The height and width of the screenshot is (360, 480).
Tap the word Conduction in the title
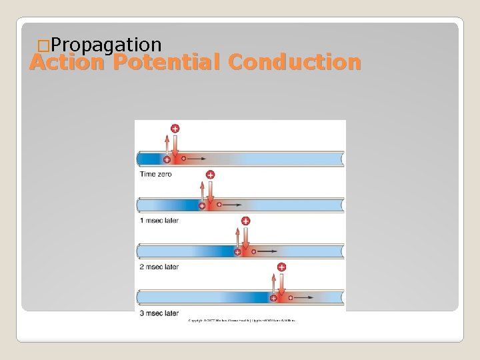coord(294,63)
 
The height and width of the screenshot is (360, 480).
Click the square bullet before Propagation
coord(43,45)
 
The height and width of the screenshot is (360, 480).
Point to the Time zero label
coord(156,174)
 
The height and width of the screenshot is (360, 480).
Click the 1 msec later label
coord(159,221)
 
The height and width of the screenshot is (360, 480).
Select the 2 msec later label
coord(159,267)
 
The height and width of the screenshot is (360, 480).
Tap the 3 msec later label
coord(159,313)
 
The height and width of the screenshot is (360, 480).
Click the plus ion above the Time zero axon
coord(175,128)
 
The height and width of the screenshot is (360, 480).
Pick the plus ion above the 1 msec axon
coord(210,175)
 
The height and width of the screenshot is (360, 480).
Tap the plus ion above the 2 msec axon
coord(245,221)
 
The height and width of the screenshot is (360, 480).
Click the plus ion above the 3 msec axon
coord(281,267)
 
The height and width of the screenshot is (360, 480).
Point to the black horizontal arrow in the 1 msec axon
coord(231,205)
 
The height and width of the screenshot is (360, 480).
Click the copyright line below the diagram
coord(241,321)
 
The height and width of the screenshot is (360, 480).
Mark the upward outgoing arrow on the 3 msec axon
coord(274,283)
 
